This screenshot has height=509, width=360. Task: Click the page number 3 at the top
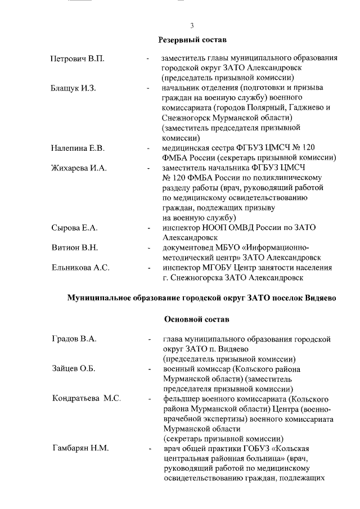coord(192,25)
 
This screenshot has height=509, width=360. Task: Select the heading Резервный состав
coord(192,40)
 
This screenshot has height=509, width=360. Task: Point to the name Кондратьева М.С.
coord(87,398)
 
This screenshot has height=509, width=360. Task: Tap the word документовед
coord(188,247)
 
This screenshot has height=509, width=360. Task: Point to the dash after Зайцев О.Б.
coord(148,369)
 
